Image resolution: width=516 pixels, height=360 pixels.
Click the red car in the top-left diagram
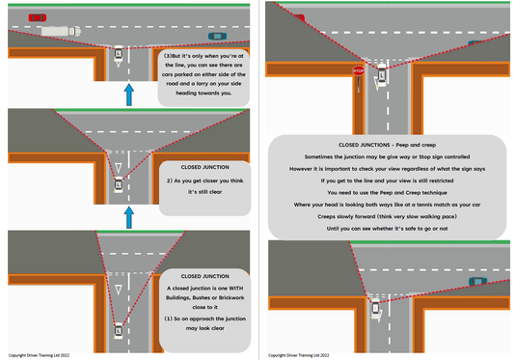pyautogui.click(x=37, y=17)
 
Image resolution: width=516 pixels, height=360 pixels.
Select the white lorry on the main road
pyautogui.click(x=61, y=31)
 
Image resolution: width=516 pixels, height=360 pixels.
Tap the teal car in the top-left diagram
pyautogui.click(x=217, y=36)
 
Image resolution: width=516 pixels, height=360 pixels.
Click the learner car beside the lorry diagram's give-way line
pyautogui.click(x=118, y=54)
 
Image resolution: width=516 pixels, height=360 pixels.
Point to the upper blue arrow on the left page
pyautogui.click(x=127, y=94)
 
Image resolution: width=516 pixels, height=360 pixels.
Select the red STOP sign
pyautogui.click(x=358, y=71)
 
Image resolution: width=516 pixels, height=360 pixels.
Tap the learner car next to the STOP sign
pyautogui.click(x=380, y=74)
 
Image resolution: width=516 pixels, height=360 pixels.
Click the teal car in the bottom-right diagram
pyautogui.click(x=477, y=282)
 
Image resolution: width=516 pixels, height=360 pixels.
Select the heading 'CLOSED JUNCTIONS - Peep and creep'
pyautogui.click(x=388, y=145)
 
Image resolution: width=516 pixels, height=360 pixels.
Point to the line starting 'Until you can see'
pyautogui.click(x=387, y=229)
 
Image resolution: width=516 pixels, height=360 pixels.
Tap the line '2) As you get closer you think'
pyautogui.click(x=204, y=180)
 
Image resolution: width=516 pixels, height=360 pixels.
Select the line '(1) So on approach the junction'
pyautogui.click(x=204, y=318)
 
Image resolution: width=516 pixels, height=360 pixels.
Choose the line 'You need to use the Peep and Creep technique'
pyautogui.click(x=387, y=192)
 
